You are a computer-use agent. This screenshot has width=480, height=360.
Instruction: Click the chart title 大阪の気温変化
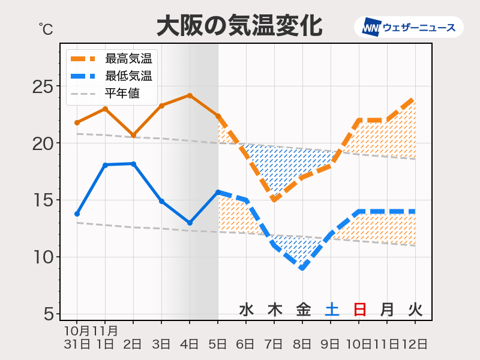[x=239, y=26]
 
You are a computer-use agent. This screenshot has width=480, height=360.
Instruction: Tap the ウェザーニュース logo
[x=409, y=27]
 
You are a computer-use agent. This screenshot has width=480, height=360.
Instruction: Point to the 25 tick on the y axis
[x=42, y=86]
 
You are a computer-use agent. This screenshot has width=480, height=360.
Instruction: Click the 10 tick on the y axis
[x=42, y=257]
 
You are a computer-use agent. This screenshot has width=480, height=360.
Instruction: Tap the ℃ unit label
[x=46, y=28]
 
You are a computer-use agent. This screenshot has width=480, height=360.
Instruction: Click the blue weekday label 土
[x=331, y=310]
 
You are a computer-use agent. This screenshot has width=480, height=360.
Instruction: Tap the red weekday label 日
[x=359, y=310]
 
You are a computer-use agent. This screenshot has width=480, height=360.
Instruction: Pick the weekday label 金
[x=303, y=310]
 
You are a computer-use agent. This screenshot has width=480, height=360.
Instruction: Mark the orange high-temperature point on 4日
[x=190, y=95]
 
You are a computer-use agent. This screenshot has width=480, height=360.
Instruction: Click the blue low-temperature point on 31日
[x=77, y=214]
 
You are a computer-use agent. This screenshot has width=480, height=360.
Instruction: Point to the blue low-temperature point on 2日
[x=133, y=164]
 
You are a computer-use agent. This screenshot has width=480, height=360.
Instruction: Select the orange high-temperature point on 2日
[x=133, y=135]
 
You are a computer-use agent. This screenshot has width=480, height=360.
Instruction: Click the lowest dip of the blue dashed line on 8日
[x=302, y=268]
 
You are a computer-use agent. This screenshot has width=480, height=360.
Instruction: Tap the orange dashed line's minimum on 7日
[x=274, y=200]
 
